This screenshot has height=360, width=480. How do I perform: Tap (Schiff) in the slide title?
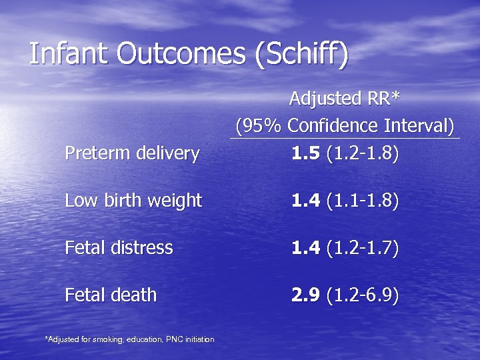[301, 55]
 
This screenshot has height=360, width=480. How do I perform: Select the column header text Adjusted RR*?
[345, 99]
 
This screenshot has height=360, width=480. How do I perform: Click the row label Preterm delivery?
[132, 154]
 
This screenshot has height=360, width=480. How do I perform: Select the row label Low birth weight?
[133, 200]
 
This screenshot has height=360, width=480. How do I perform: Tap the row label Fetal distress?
[119, 248]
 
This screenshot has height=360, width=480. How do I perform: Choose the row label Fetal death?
[111, 295]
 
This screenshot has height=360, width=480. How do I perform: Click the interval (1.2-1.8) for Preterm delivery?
[363, 154]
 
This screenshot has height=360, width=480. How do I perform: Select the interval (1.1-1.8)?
[363, 200]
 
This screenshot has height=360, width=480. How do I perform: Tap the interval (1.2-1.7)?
[363, 248]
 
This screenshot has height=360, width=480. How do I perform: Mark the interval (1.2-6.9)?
[363, 295]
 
